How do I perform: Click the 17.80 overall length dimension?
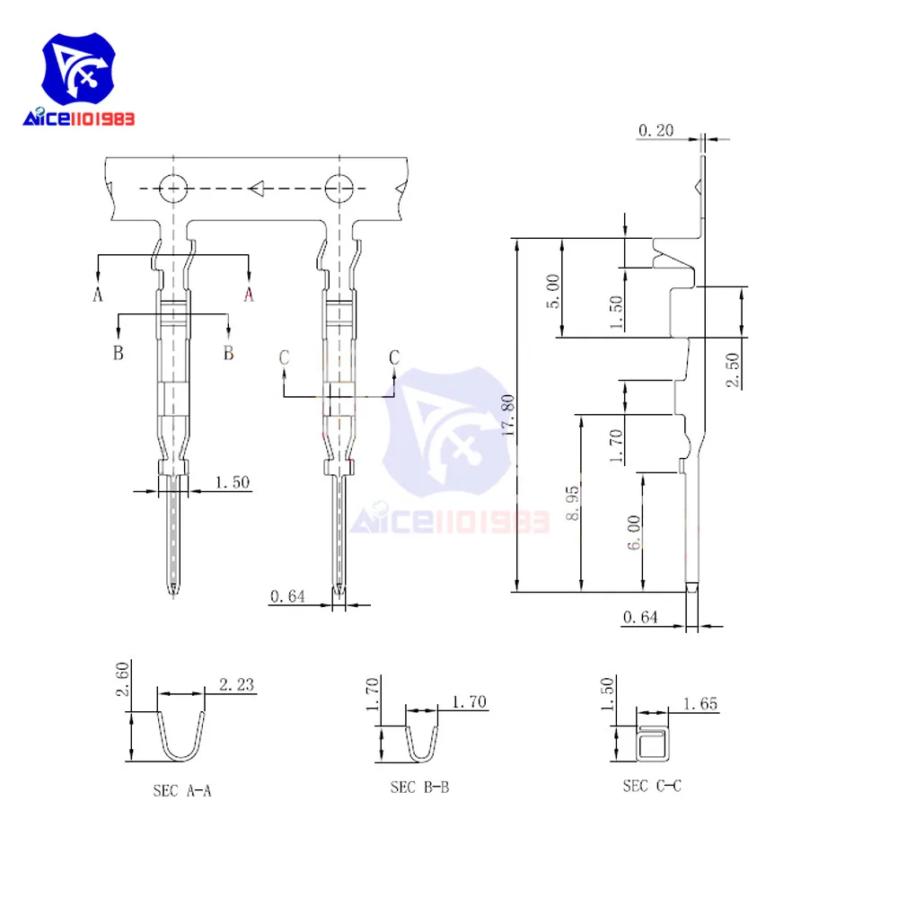click(x=508, y=416)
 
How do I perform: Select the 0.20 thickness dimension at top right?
click(x=656, y=131)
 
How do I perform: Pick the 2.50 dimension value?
click(x=733, y=368)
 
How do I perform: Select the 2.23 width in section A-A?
click(x=235, y=685)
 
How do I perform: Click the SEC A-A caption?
click(x=182, y=791)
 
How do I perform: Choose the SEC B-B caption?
click(x=419, y=788)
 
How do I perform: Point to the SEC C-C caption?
click(x=652, y=786)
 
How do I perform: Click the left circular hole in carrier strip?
click(x=172, y=189)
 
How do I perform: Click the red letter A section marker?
click(x=249, y=294)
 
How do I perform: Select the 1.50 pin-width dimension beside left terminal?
click(x=232, y=483)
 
